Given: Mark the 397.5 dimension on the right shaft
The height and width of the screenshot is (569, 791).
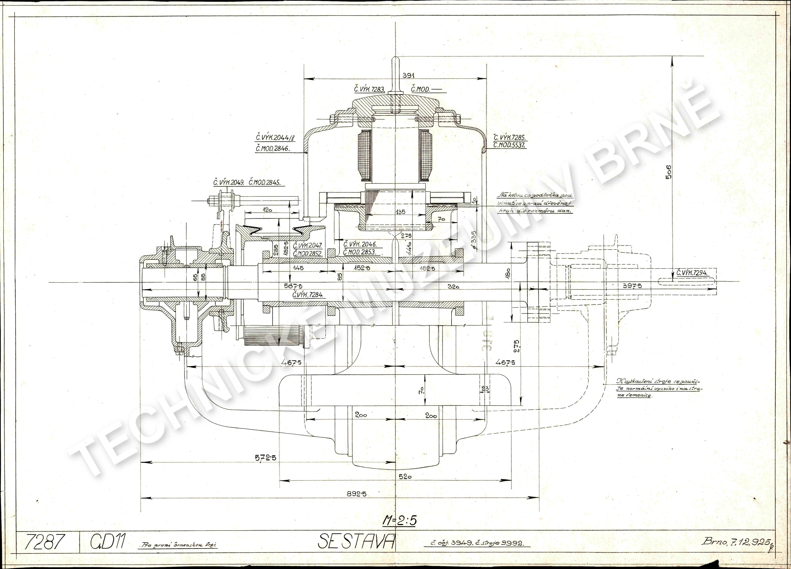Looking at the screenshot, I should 632,286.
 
